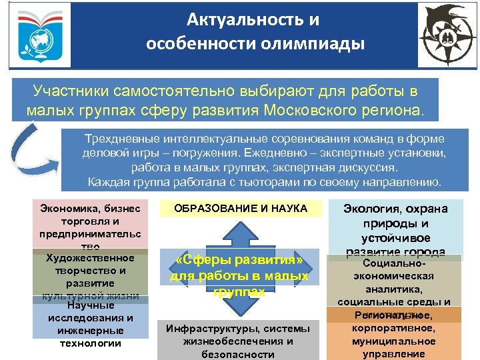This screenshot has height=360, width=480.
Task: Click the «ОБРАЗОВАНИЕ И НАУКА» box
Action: click(x=241, y=209)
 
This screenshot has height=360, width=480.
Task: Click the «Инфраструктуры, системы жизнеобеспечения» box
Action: click(x=239, y=341)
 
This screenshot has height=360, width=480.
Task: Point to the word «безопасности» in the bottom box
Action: click(x=239, y=354)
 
